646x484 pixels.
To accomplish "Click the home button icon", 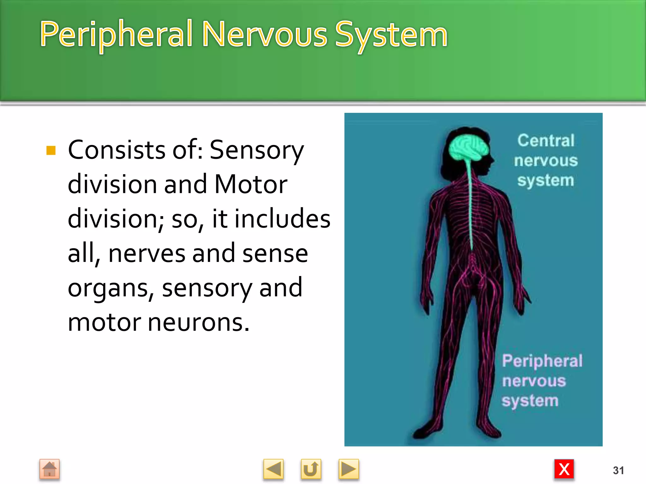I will pos(50,469).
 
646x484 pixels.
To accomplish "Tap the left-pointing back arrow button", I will pos(273,469).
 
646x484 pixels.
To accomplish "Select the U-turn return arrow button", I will pos(311,469).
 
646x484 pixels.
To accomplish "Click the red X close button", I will pos(564,469).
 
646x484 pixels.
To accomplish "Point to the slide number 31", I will pos(618,470).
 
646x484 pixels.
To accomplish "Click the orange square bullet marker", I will pos(51,150).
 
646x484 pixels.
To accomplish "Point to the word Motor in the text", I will pos(251,184).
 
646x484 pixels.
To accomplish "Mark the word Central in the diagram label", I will pos(546,141).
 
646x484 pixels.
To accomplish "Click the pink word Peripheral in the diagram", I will pos(542,361).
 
